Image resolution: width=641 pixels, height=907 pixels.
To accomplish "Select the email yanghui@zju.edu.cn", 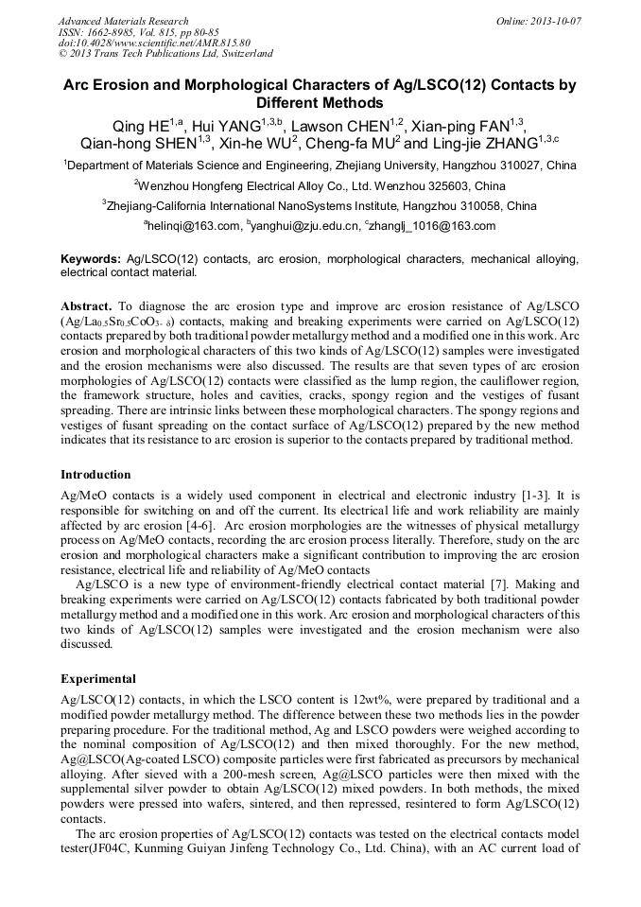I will [x=307, y=226].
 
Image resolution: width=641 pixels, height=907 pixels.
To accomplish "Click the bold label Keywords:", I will [x=91, y=259].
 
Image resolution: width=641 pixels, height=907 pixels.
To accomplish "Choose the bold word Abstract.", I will [x=88, y=307].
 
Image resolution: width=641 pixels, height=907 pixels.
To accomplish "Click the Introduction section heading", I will [x=95, y=474].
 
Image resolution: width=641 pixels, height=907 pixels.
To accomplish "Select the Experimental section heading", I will [x=98, y=678].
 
